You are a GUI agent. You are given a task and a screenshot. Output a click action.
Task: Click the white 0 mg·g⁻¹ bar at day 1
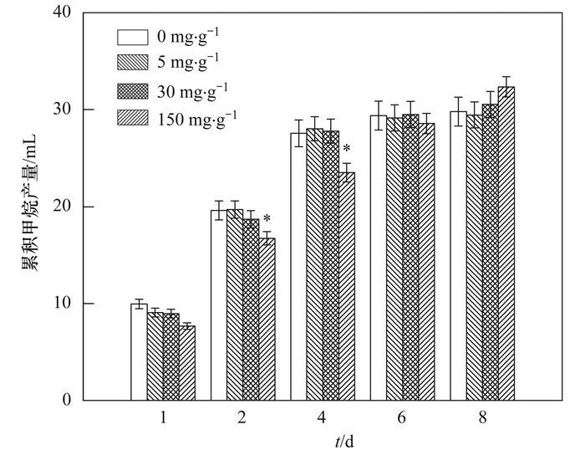(139, 351)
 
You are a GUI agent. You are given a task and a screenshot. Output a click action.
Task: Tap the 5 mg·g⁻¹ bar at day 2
(235, 304)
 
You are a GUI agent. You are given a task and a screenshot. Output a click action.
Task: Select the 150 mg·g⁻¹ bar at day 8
(506, 243)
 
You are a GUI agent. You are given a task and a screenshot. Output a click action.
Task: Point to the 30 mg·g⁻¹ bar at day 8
(491, 252)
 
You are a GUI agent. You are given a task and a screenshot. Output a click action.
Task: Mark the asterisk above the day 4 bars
(346, 151)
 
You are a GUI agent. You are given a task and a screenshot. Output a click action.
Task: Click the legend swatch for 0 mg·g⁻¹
(132, 37)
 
